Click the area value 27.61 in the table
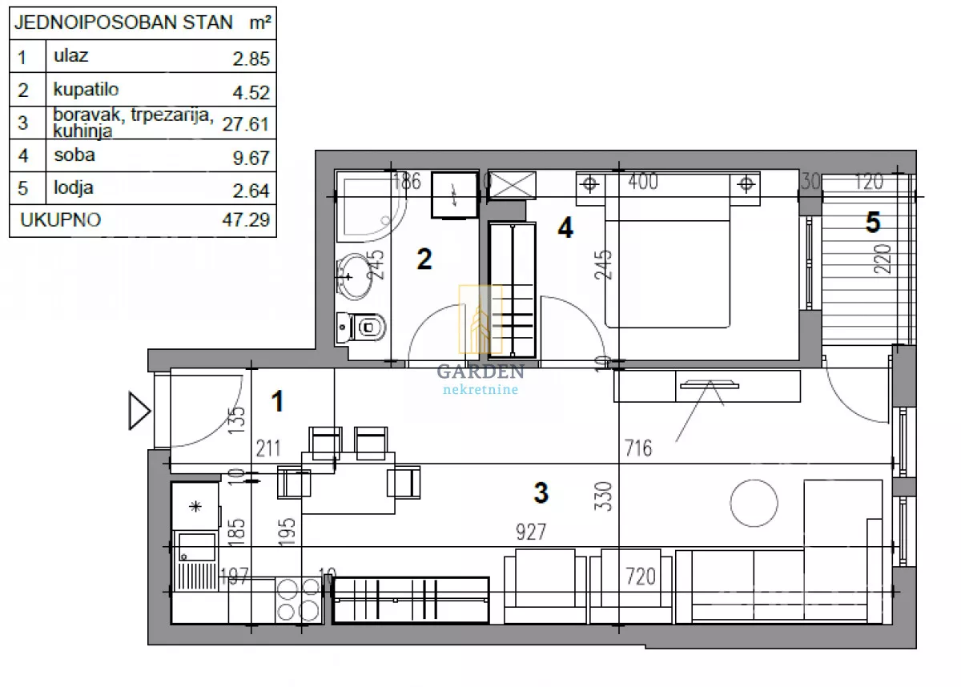[245, 124]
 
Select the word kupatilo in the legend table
[86, 90]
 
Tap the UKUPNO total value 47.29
[246, 220]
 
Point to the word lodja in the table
[74, 188]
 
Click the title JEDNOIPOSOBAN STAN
[123, 22]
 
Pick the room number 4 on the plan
[565, 227]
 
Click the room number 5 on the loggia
[873, 223]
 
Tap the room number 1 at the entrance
[278, 401]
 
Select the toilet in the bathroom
[361, 327]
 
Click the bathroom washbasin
[354, 276]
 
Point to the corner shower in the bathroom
[370, 207]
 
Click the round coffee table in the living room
[754, 503]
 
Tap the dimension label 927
[531, 532]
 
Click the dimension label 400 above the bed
[642, 182]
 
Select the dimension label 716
[638, 448]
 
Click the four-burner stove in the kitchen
[299, 600]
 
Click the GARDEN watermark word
[480, 372]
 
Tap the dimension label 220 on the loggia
[883, 259]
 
